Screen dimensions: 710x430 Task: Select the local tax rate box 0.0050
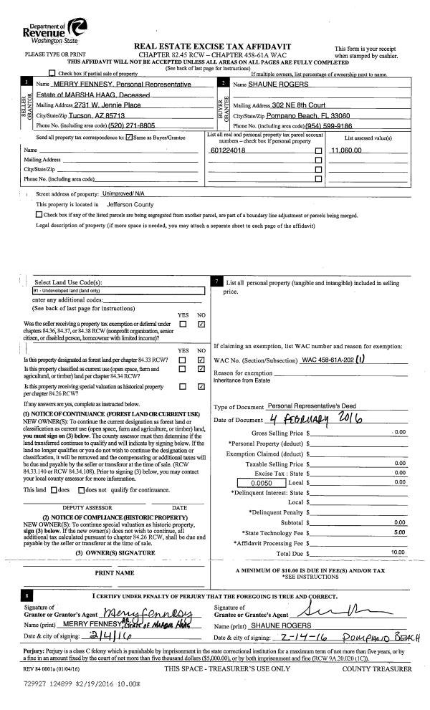[267, 464]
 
